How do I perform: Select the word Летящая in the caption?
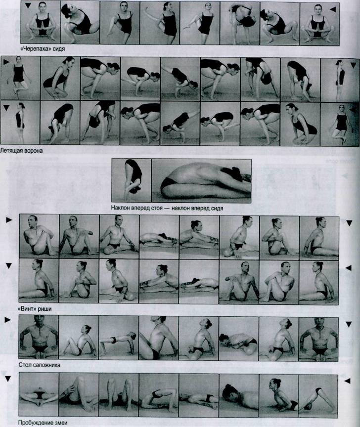[x=10, y=150]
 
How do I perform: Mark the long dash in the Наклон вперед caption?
[x=167, y=208]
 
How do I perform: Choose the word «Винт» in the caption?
[x=28, y=309]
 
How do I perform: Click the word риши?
[x=45, y=309]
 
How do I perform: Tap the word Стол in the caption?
[x=25, y=365]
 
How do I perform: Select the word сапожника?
[x=46, y=365]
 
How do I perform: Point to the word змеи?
[x=60, y=423]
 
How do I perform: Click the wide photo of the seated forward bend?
[x=202, y=181]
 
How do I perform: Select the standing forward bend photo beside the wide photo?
[x=132, y=180]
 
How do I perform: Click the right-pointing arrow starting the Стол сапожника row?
[x=7, y=320]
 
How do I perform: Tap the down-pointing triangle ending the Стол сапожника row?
[x=349, y=324]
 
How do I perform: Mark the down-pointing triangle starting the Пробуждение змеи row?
[x=8, y=379]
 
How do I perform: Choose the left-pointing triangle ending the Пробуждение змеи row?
[x=348, y=381]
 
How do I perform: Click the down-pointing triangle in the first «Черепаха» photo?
[x=28, y=5]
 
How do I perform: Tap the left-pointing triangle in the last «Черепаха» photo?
[x=333, y=9]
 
